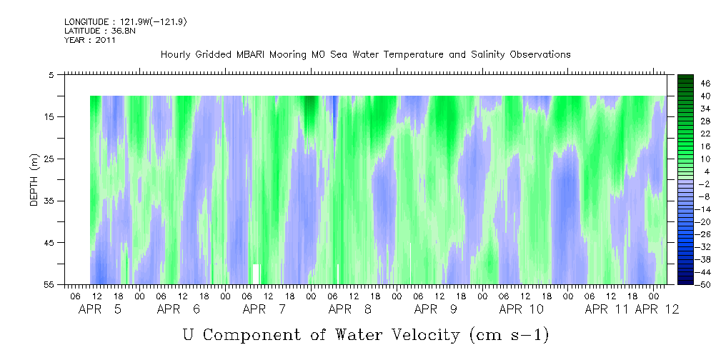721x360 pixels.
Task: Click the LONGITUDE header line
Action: coord(126,22)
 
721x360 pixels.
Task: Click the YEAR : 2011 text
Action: coord(90,40)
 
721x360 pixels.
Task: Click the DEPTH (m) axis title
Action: coord(34,180)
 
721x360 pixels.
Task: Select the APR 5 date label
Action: coord(100,309)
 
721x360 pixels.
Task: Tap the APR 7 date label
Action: coord(264,309)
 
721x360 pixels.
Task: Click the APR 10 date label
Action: coord(522,309)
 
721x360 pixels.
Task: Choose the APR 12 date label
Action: coord(657,309)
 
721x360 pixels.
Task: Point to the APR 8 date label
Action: coord(350,309)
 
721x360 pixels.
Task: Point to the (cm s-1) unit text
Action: coord(509,335)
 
